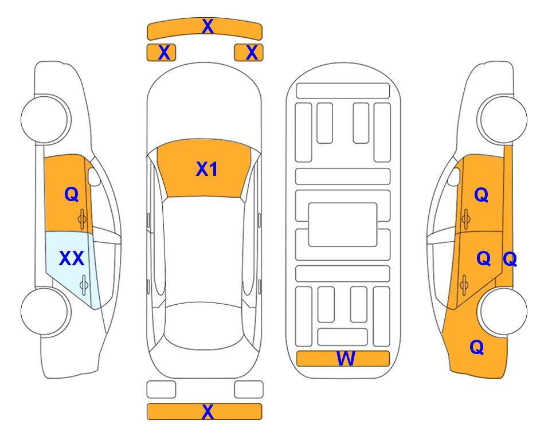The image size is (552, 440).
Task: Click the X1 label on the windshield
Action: click(207, 169)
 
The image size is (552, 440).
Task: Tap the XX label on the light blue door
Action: click(72, 258)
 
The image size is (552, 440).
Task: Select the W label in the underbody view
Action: click(346, 359)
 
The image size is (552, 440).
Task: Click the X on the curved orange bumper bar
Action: click(208, 26)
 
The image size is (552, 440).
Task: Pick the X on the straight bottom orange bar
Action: click(208, 411)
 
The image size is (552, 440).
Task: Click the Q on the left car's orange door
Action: click(72, 194)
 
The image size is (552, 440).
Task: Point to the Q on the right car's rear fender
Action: click(477, 347)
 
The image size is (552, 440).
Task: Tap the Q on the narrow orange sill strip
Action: click(510, 259)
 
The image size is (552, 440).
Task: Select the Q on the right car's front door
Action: click(481, 195)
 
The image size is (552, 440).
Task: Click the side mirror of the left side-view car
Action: click(94, 176)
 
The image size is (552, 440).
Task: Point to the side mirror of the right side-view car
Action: click(454, 176)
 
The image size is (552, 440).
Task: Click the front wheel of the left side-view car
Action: click(46, 120)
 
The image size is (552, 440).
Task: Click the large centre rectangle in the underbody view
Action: click(343, 225)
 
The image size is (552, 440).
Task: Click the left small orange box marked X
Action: click(161, 53)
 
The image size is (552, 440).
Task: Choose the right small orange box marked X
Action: click(249, 53)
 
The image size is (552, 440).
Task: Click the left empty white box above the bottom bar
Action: click(161, 390)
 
